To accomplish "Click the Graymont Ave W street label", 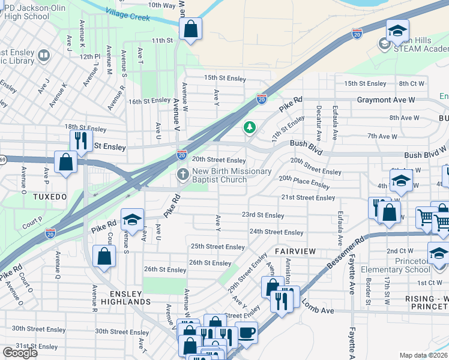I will pos(386,100).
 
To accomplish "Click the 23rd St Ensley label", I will pos(263,215).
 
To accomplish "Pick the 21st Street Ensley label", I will pos(308,197).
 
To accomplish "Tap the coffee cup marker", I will pos(246,331).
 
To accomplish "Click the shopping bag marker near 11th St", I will pos(190,29).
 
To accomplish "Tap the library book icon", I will pos(43,56).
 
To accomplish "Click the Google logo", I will pos(20,353).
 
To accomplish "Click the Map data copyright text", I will pos(424,355).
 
